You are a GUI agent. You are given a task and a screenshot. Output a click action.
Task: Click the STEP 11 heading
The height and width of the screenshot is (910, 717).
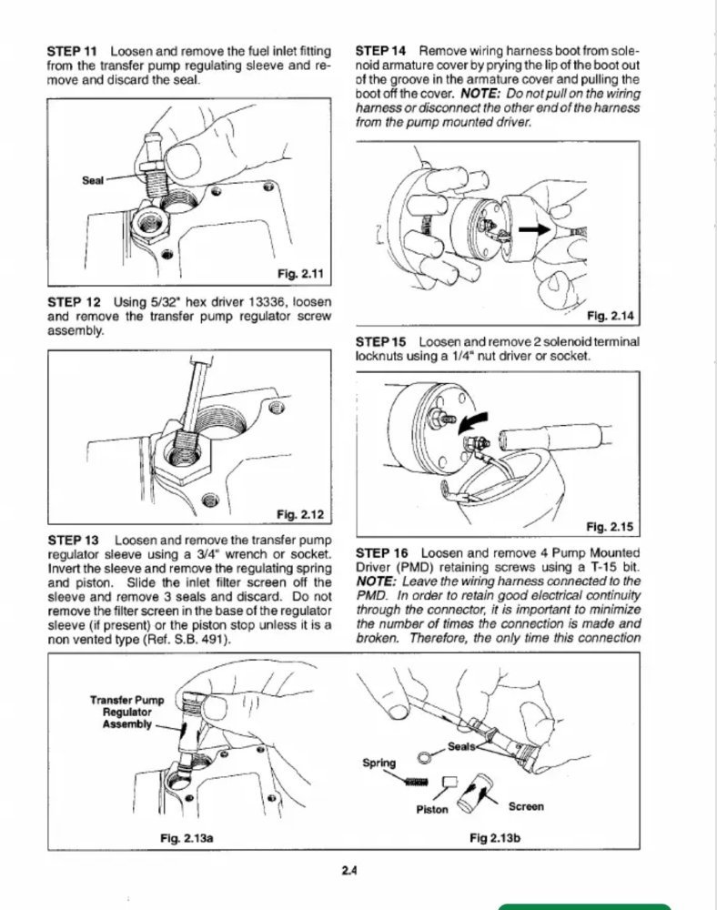click(x=75, y=52)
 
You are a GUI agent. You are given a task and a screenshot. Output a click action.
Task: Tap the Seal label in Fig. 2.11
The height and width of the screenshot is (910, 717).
click(x=94, y=180)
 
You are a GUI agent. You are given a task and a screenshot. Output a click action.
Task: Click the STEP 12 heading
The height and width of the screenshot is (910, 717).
click(x=75, y=301)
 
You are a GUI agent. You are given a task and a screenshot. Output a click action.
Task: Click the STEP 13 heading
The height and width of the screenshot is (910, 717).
click(x=75, y=540)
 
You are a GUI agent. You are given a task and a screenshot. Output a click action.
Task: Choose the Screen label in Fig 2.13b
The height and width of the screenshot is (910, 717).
click(x=526, y=805)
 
